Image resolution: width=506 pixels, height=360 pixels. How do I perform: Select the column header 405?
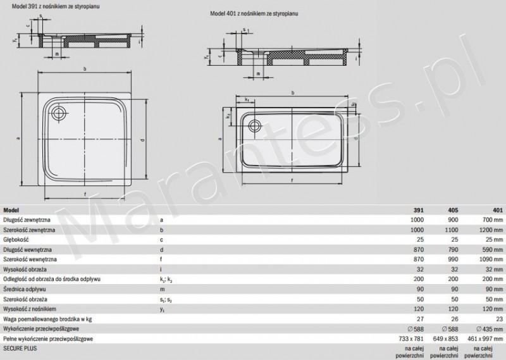coord(453,210)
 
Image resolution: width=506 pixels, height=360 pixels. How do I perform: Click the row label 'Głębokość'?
coord(19,240)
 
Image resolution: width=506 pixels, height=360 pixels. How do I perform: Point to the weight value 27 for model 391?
coord(420,320)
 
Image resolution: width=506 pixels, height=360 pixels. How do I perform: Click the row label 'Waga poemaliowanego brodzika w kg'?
coord(47,320)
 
